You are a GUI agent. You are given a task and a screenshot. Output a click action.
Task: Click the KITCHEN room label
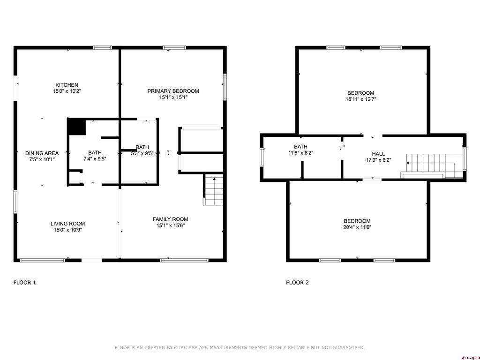pyautogui.click(x=67, y=85)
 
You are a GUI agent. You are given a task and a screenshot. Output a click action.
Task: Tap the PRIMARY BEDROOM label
pyautogui.click(x=173, y=91)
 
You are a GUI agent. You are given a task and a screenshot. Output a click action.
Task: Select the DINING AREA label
pyautogui.click(x=42, y=153)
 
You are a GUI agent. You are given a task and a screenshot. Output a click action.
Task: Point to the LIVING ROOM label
pyautogui.click(x=67, y=224)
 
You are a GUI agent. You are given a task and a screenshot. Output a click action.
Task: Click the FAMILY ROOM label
pyautogui.click(x=170, y=219)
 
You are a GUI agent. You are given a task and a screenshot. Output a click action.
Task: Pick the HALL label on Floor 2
pyautogui.click(x=378, y=154)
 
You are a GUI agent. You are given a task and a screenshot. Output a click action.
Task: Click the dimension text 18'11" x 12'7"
pyautogui.click(x=360, y=99)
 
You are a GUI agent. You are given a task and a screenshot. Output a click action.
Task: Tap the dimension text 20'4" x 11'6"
pyautogui.click(x=357, y=227)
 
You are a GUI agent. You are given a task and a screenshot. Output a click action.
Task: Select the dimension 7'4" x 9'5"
pyautogui.click(x=95, y=159)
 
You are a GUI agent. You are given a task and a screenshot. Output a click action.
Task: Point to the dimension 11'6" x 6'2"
pyautogui.click(x=300, y=153)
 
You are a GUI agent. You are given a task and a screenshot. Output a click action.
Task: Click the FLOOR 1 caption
pyautogui.click(x=24, y=282)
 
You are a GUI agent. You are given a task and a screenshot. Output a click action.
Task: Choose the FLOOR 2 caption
pyautogui.click(x=297, y=282)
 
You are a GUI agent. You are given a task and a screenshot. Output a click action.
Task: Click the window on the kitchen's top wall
pyautogui.click(x=103, y=47)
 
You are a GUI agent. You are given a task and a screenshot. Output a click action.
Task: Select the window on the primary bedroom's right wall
pyautogui.click(x=225, y=87)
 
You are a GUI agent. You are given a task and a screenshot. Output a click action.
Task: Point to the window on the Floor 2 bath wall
pyautogui.click(x=262, y=157)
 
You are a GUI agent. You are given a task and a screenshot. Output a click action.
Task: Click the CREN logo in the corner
pyautogui.click(x=470, y=358)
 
